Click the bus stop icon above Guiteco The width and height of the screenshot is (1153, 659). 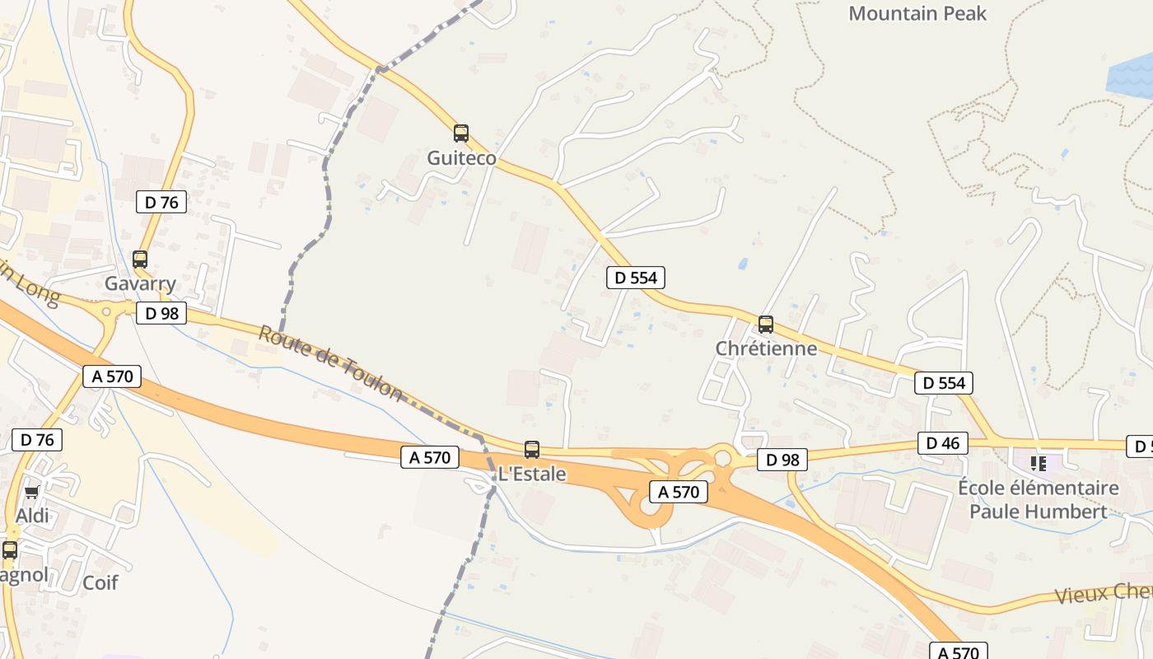461,133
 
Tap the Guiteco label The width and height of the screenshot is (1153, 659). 461,158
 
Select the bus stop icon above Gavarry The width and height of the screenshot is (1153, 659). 140,259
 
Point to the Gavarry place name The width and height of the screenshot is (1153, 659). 140,284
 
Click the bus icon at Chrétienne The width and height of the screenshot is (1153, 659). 766,324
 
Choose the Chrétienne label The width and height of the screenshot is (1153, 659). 766,348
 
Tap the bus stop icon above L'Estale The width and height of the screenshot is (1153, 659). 532,450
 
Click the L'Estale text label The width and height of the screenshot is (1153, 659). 532,474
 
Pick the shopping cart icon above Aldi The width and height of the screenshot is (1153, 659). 32,493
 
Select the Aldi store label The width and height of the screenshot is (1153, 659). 33,516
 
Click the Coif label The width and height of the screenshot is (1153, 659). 100,582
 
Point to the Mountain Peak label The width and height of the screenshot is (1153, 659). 917,13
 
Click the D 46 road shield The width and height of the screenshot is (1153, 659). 943,443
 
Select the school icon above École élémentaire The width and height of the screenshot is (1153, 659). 1039,464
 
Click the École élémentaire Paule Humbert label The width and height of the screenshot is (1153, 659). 1038,500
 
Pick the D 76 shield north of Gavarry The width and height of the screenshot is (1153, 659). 161,202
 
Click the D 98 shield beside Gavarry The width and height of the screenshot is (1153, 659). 161,313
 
